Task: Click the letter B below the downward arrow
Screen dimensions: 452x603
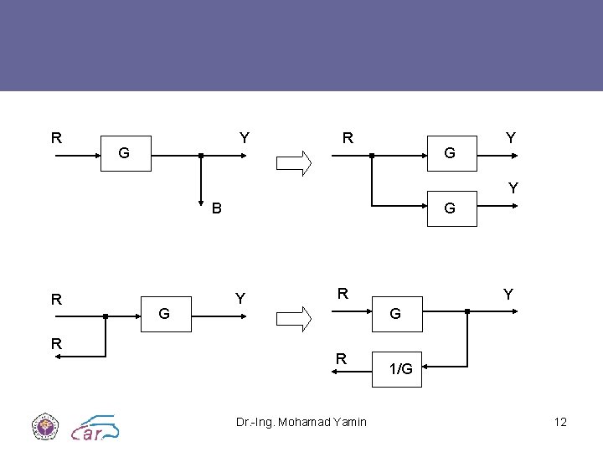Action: click(216, 208)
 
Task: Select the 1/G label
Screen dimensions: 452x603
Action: click(401, 368)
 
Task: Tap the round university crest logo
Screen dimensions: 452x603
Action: click(43, 426)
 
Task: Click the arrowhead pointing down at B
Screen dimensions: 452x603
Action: click(201, 201)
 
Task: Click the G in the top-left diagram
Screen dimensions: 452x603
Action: click(124, 153)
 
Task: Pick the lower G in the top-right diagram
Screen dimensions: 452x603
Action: click(450, 208)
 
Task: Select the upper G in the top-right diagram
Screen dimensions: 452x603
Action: click(450, 153)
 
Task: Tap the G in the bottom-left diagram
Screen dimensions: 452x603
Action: click(165, 314)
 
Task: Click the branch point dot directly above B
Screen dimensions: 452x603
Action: click(201, 156)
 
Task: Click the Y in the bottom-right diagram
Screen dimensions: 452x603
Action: click(508, 295)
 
